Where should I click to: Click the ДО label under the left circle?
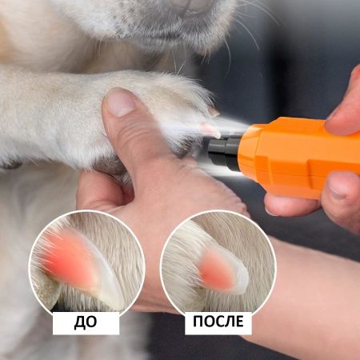[86, 322]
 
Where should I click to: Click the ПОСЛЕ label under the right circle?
[218, 322]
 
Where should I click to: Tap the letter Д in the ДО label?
[78, 322]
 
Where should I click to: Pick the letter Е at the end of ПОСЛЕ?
[241, 322]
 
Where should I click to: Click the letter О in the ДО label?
[94, 322]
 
